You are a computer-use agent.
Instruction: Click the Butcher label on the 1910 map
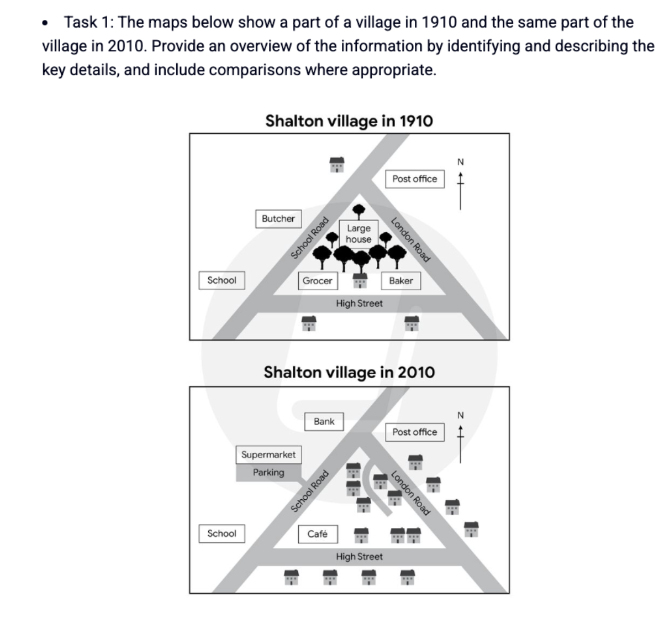click(278, 218)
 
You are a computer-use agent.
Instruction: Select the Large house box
click(359, 234)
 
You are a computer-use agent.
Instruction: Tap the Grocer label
click(318, 281)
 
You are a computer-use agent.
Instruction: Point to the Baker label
click(401, 281)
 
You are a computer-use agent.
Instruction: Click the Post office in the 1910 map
click(415, 179)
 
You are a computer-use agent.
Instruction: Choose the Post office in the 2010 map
click(415, 432)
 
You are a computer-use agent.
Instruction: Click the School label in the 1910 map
click(222, 280)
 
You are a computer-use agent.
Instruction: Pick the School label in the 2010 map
click(222, 534)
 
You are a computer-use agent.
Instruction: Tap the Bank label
click(324, 421)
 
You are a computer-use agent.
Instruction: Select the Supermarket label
click(268, 454)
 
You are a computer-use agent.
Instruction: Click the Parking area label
click(268, 473)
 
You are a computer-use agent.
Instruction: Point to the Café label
click(318, 534)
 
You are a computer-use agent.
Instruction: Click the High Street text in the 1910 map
click(359, 304)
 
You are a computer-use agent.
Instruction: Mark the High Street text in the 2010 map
click(359, 557)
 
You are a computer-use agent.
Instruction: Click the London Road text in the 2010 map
click(410, 493)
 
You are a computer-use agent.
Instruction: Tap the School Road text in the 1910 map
click(309, 238)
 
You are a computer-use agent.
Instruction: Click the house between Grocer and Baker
click(360, 281)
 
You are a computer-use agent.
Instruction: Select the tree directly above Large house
click(359, 211)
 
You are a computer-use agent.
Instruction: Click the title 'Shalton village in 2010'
click(350, 372)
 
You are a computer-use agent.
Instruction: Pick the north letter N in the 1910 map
click(461, 162)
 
